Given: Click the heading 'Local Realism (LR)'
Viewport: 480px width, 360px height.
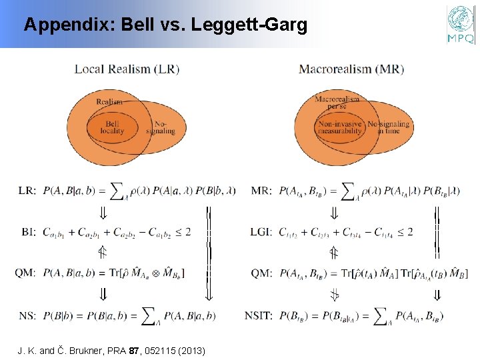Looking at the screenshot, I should point(127,69).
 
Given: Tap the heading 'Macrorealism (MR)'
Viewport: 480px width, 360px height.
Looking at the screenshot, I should point(351,69).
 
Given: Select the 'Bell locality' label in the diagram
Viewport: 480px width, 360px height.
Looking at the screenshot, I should point(112,127).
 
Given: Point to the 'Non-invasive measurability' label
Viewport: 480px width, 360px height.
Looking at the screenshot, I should point(341,127).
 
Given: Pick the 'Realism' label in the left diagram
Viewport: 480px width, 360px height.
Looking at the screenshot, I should point(109,101).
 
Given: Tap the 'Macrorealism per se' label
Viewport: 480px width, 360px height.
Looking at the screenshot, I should point(337,101).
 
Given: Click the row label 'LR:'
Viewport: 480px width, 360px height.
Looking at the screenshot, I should point(27,191).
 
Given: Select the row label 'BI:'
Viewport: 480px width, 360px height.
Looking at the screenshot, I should point(27,231).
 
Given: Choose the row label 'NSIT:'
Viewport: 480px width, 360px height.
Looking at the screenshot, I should point(263,315).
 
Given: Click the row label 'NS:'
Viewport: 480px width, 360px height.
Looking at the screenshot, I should point(28,315).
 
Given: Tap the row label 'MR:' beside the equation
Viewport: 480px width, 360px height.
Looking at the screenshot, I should point(261,191).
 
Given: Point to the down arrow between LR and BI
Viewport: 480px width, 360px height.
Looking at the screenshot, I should point(103,213).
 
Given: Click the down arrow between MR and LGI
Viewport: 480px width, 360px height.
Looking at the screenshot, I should point(335,213).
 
